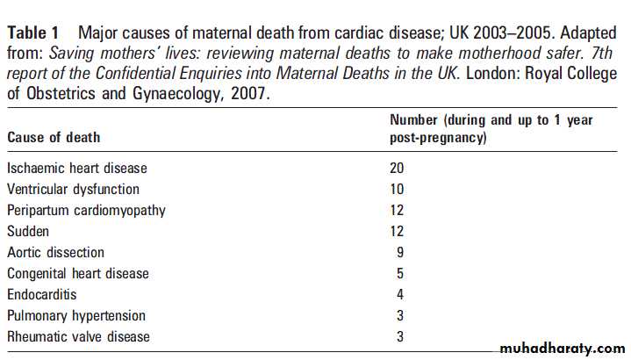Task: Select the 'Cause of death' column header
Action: tap(54, 138)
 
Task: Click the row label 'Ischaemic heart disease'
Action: tap(77, 168)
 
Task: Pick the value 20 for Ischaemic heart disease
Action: tap(398, 168)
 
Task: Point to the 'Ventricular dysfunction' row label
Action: tap(73, 189)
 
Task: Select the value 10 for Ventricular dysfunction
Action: tap(398, 189)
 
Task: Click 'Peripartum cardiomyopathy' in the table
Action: tap(86, 210)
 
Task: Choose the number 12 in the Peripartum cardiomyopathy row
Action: tap(398, 210)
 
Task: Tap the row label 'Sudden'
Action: tap(29, 231)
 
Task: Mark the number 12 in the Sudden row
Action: tap(398, 231)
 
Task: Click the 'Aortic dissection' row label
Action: tap(55, 252)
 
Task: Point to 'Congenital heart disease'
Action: tap(78, 273)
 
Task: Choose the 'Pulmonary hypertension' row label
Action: tap(76, 315)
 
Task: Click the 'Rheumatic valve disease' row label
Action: tap(78, 336)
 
